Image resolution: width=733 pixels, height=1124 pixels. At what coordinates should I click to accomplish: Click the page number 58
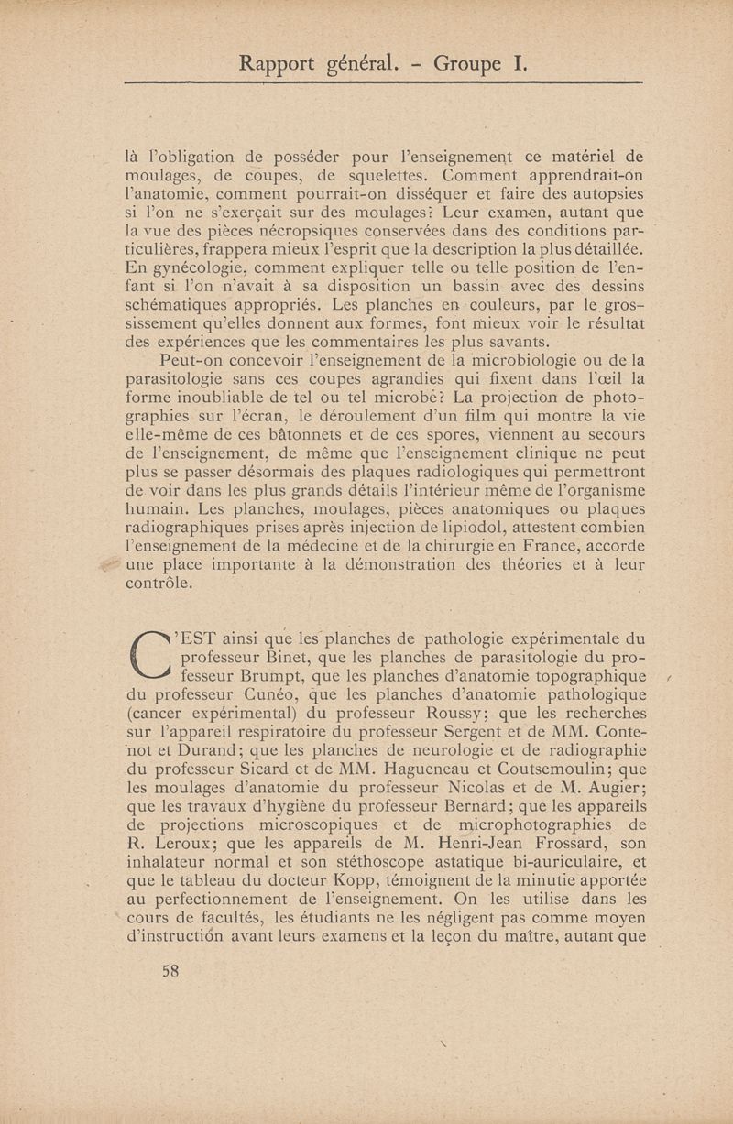click(x=170, y=972)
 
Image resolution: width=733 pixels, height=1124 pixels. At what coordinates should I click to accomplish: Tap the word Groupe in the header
click(x=467, y=64)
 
